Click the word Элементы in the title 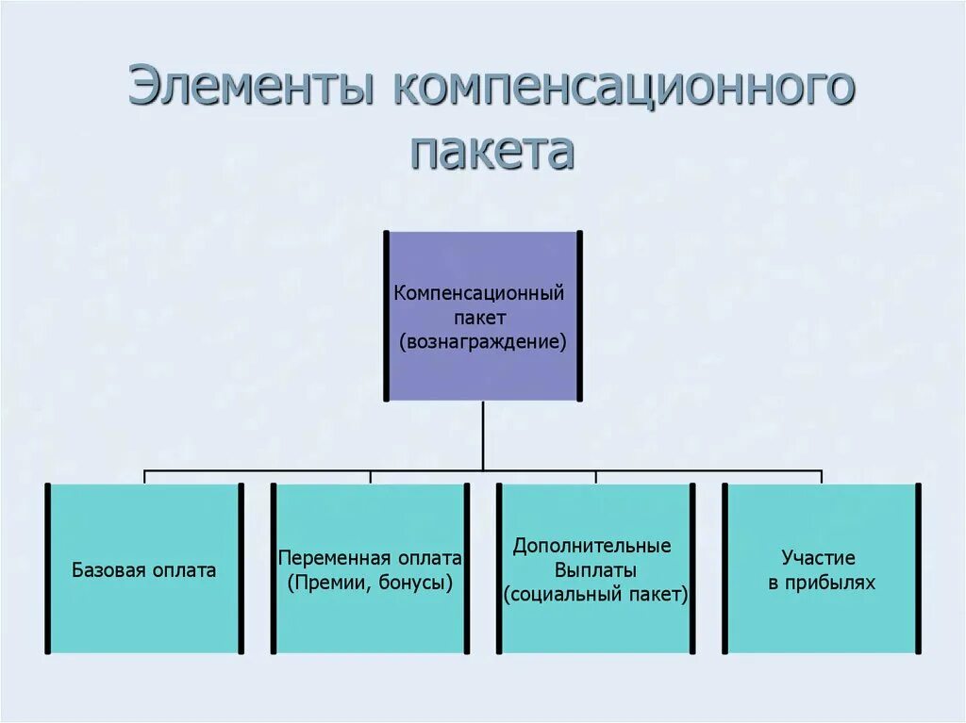(252, 90)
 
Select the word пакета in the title (492, 151)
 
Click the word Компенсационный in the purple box (479, 292)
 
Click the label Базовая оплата (144, 570)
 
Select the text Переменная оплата (370, 558)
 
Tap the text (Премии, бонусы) (370, 583)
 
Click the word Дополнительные (592, 546)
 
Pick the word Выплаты (595, 570)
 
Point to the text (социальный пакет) (595, 595)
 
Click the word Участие (821, 558)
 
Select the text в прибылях (821, 583)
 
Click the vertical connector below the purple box (483, 434)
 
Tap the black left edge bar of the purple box (386, 316)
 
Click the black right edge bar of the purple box (579, 316)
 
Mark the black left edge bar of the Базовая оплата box (46, 568)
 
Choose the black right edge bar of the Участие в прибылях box (918, 568)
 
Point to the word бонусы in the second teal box (415, 583)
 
